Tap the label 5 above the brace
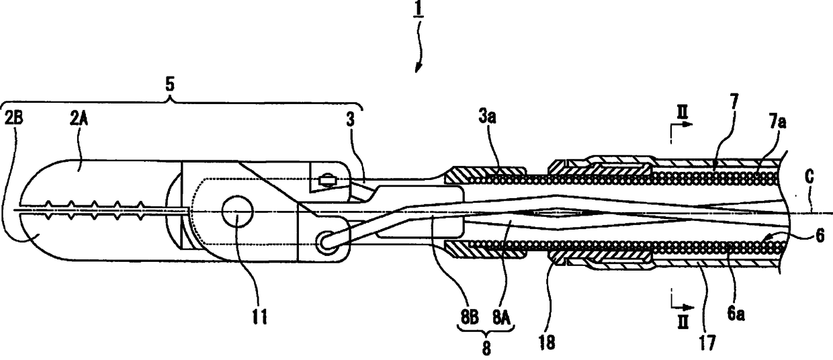(171, 86)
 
